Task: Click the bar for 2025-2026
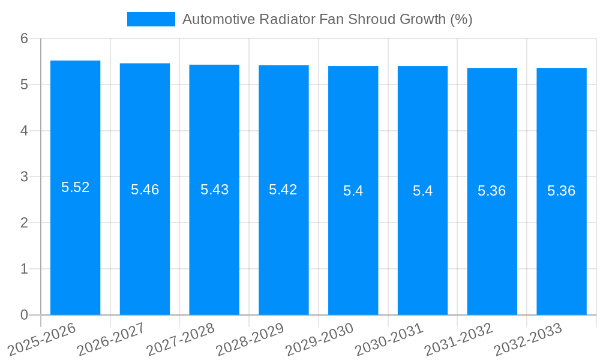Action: click(75, 252)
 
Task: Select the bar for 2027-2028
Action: click(214, 252)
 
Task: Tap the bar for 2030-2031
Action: click(422, 252)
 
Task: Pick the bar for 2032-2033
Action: click(561, 252)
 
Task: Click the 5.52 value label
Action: click(75, 187)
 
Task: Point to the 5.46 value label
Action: click(145, 190)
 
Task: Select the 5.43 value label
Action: click(214, 190)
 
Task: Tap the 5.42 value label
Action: click(283, 190)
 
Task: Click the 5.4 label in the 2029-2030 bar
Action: click(353, 191)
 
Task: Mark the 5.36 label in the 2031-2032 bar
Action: click(491, 191)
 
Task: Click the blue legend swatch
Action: click(151, 19)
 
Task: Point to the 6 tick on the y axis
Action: click(24, 38)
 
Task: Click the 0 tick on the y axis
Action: click(24, 315)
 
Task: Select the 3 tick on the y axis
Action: click(24, 177)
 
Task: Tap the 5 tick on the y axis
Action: click(24, 85)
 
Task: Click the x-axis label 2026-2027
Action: click(110, 340)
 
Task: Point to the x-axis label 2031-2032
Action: click(458, 340)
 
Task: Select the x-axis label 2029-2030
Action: click(319, 340)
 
